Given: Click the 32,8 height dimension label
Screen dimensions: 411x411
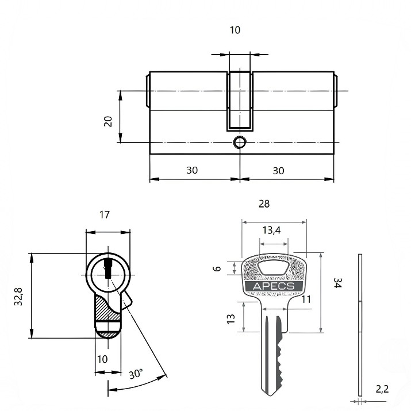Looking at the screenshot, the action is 18,297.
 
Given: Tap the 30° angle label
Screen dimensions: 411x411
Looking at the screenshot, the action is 136,374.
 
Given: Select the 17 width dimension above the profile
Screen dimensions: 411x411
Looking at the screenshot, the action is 104,214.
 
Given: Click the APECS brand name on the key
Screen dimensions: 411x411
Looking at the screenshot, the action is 274,286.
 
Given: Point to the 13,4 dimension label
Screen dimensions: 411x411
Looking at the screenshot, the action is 271,230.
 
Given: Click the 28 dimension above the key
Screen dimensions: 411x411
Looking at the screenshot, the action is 264,203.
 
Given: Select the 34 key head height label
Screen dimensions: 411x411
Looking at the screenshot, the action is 337,283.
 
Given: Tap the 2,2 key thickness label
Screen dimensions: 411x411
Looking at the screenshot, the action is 382,389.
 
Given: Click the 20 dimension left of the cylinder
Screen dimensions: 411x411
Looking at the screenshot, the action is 108,121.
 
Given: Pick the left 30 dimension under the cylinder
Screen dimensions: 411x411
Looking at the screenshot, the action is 192,170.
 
